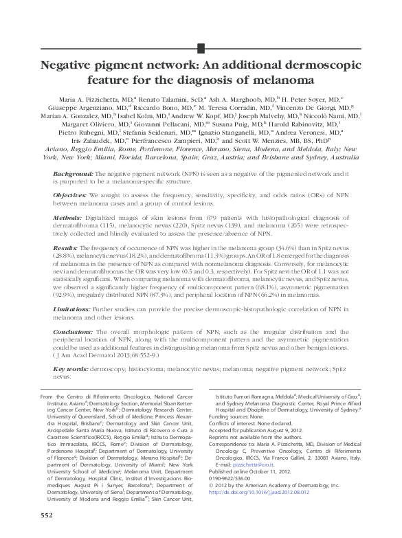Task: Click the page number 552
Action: (46, 515)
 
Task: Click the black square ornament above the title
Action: (201, 47)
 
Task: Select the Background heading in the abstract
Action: (74, 176)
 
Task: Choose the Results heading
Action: (66, 245)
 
